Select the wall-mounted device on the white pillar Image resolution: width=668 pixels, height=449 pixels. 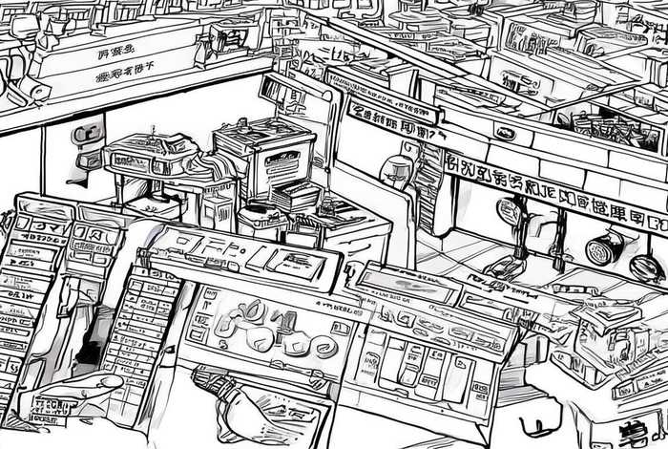pyautogui.click(x=88, y=143)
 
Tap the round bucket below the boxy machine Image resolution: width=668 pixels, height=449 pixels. pyautogui.click(x=258, y=222)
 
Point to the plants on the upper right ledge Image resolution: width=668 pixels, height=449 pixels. pyautogui.click(x=611, y=129)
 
